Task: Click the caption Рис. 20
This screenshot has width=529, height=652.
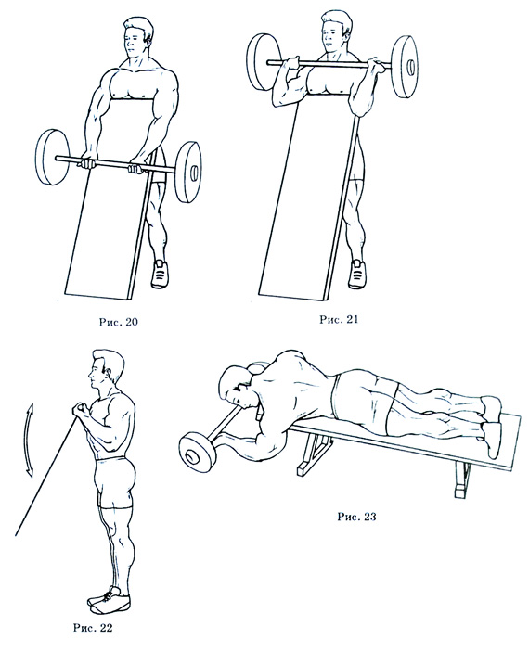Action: point(118,322)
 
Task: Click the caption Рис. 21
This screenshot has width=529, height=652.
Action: point(339,319)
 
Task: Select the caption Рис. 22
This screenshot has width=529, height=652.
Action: point(93,628)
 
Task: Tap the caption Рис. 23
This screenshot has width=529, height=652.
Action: point(356,517)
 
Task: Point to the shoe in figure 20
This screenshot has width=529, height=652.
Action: point(160,274)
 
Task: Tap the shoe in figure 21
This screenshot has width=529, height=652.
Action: point(356,274)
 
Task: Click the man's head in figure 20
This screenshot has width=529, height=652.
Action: point(137,38)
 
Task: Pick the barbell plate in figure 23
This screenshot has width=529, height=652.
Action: point(195,454)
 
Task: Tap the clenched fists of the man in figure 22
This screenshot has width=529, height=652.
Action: point(82,411)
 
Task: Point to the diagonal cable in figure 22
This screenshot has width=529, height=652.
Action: point(45,478)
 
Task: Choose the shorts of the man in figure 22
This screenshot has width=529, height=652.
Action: point(115,483)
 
